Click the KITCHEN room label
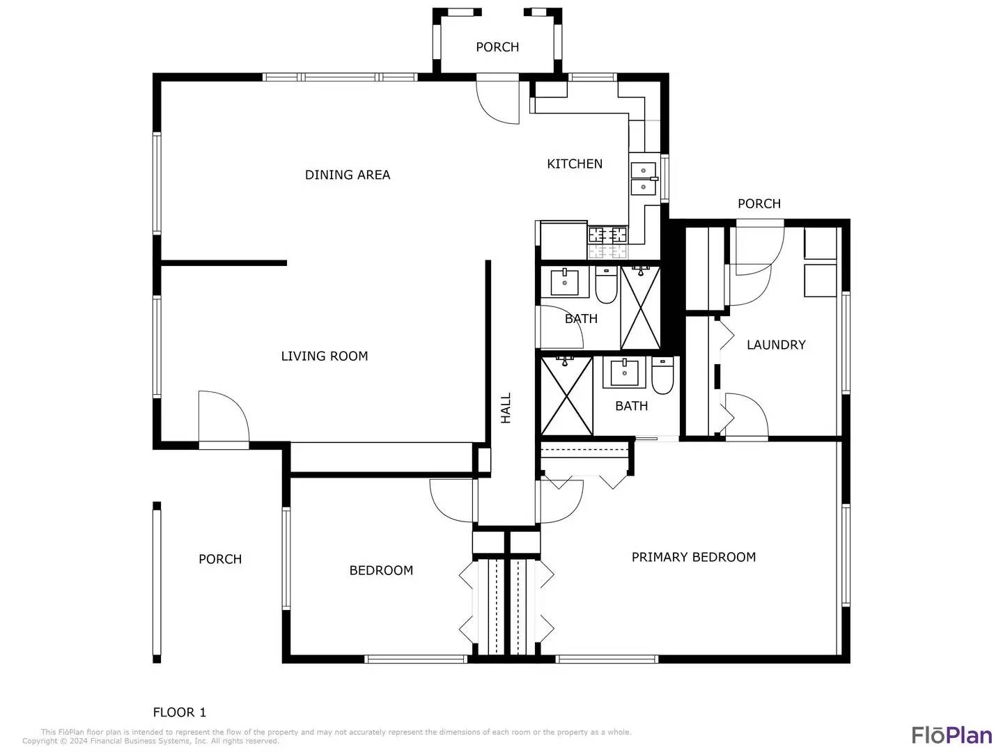[575, 164]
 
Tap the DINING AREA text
[348, 175]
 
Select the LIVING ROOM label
[324, 356]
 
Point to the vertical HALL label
[506, 408]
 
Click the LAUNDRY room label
[776, 345]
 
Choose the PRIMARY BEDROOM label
[693, 557]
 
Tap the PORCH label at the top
[497, 47]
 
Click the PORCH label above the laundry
[759, 203]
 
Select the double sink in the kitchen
[644, 178]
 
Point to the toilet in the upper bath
[606, 285]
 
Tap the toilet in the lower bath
[662, 376]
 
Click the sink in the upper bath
[564, 283]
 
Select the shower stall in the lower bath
[566, 395]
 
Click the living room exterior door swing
[223, 416]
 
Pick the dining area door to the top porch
[499, 102]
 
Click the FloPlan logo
[951, 735]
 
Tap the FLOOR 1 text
[180, 712]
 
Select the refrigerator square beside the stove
[563, 240]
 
